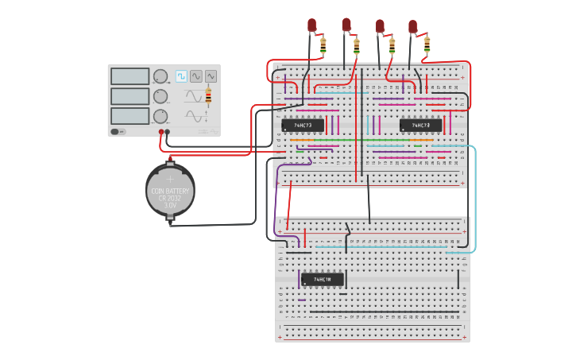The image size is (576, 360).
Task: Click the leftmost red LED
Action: pyautogui.click(x=313, y=26)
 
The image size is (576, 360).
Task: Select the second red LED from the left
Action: pyautogui.click(x=346, y=25)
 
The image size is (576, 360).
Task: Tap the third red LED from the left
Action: pyautogui.click(x=380, y=26)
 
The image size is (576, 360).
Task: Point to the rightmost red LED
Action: pyautogui.click(x=413, y=27)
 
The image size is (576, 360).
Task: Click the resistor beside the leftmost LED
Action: pyautogui.click(x=323, y=45)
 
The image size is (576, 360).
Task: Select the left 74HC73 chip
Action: pyautogui.click(x=303, y=126)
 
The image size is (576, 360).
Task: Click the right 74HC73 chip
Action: pyautogui.click(x=420, y=126)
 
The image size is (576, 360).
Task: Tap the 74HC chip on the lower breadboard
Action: pyautogui.click(x=322, y=280)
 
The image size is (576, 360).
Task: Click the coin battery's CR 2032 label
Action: pyautogui.click(x=170, y=197)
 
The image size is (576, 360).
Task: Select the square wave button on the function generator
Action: pyautogui.click(x=181, y=76)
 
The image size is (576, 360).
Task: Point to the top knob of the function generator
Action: pyautogui.click(x=160, y=77)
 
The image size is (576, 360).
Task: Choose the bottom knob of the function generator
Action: pyautogui.click(x=160, y=116)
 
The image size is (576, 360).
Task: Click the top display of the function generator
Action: pyautogui.click(x=130, y=76)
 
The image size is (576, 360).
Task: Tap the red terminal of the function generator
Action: pyautogui.click(x=161, y=132)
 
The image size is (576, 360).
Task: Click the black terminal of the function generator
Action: pyautogui.click(x=168, y=132)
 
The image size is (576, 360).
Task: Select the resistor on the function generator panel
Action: pyautogui.click(x=208, y=96)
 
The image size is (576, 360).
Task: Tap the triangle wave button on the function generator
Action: pyautogui.click(x=211, y=76)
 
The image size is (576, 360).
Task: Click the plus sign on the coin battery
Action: pyautogui.click(x=169, y=179)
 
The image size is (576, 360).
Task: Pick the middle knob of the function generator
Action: pyautogui.click(x=160, y=96)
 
